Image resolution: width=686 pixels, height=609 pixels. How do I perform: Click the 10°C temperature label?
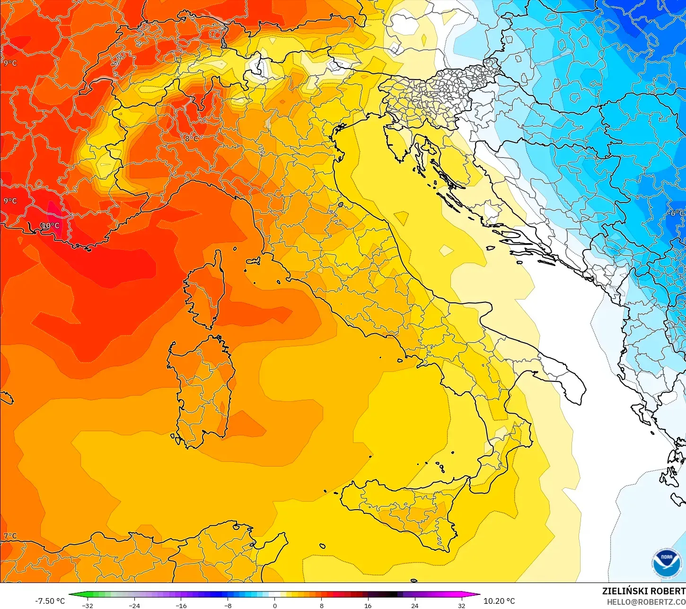tap(50, 226)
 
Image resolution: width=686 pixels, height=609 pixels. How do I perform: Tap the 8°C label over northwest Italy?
tap(192, 139)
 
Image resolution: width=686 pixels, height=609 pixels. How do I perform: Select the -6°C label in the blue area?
tap(677, 213)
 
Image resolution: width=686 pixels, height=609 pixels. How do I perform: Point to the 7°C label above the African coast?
tap(10, 536)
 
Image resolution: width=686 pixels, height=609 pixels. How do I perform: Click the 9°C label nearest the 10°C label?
tap(10, 201)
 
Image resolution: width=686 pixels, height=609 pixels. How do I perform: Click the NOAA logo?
tap(666, 563)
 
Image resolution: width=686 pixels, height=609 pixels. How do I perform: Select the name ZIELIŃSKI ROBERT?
tap(643, 591)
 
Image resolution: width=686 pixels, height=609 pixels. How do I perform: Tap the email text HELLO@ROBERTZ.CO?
tap(646, 602)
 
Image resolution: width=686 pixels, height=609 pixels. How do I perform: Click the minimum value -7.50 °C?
tap(50, 601)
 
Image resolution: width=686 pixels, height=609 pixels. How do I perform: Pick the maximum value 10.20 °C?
tap(499, 601)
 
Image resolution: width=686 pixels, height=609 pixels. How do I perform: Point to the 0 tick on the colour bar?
tap(274, 605)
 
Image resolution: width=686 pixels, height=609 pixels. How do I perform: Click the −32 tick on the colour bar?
tap(87, 605)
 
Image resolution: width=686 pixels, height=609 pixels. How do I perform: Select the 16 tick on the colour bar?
tap(368, 605)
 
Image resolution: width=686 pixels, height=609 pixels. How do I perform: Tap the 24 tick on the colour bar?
tap(414, 605)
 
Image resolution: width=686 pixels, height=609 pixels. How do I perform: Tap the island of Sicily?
tap(402, 511)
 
